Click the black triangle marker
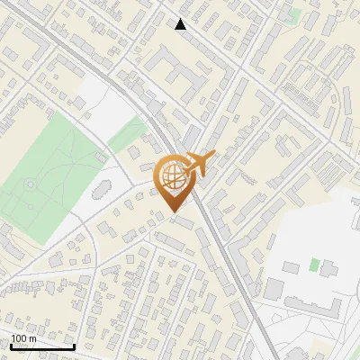click(181, 24)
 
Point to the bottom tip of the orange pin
click(173, 212)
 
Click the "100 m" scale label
click(23, 338)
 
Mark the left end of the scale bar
click(10, 346)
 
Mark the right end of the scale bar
click(74, 346)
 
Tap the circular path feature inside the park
click(30, 184)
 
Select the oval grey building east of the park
click(100, 190)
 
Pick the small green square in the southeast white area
click(314, 265)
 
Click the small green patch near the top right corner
click(294, 15)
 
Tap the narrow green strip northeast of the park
click(127, 130)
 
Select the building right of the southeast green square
click(329, 267)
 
